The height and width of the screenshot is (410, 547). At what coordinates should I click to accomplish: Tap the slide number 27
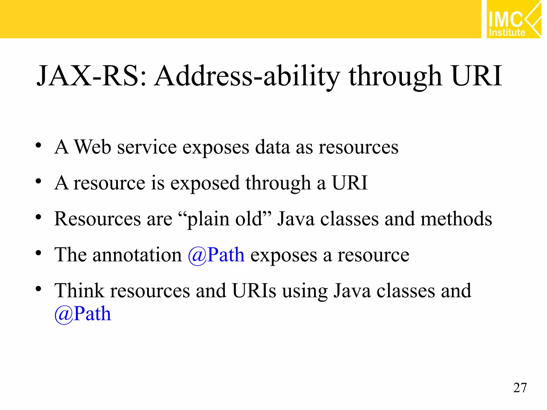[x=520, y=388]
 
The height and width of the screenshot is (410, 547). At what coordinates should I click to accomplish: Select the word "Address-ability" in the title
[x=247, y=77]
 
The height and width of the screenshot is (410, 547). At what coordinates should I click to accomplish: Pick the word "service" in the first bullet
[x=147, y=147]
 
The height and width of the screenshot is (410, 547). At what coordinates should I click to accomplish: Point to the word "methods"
[x=456, y=219]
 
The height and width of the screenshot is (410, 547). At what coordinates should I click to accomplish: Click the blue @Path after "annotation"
[x=216, y=255]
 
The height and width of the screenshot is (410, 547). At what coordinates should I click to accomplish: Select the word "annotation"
[x=137, y=255]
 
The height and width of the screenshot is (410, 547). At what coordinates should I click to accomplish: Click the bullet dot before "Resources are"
[x=38, y=217]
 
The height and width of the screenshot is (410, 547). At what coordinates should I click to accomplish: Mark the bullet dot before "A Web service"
[x=38, y=145]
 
